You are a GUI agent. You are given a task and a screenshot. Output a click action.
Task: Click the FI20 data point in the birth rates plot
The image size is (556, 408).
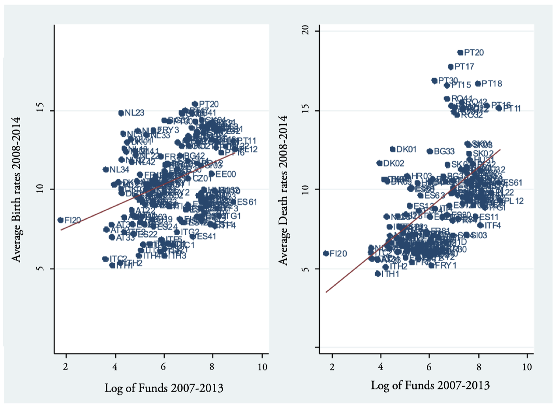tap(60, 220)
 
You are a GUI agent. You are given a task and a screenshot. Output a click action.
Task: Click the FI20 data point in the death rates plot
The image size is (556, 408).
tap(326, 253)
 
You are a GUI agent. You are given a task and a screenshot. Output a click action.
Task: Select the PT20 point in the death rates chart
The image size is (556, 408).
tap(460, 52)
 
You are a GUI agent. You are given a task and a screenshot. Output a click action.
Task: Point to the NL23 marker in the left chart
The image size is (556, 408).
tap(121, 113)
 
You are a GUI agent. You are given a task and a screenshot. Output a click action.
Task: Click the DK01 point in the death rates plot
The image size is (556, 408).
tap(393, 149)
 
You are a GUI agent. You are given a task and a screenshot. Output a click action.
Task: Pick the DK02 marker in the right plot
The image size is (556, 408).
tap(379, 163)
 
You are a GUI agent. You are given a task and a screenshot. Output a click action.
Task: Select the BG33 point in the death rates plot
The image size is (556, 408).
tap(430, 151)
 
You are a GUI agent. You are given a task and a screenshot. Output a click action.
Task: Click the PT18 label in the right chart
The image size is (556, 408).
tap(492, 84)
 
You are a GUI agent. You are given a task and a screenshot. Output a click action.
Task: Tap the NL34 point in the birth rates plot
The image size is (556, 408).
tap(106, 170)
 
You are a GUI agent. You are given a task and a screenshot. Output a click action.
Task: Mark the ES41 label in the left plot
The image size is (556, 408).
tap(207, 237)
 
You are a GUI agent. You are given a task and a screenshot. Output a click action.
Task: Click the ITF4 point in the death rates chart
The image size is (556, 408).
tap(480, 225)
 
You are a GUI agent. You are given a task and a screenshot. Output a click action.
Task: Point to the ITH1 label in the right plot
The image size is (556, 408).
tap(390, 274)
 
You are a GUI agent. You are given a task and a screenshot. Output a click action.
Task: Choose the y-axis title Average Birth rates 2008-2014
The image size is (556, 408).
tap(16, 189)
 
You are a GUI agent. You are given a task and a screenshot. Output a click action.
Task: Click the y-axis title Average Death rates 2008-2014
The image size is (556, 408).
tap(283, 189)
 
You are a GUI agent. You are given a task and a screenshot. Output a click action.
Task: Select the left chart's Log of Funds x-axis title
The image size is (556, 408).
tap(164, 388)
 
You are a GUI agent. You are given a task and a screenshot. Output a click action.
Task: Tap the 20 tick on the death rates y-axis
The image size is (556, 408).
tap(305, 30)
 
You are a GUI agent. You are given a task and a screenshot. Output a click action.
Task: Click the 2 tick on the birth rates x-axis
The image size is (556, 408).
tap(66, 367)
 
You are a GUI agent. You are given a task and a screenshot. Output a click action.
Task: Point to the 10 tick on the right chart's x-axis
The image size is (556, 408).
tap(527, 367)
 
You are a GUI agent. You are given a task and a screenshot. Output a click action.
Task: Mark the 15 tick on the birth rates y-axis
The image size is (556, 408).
tap(39, 110)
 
